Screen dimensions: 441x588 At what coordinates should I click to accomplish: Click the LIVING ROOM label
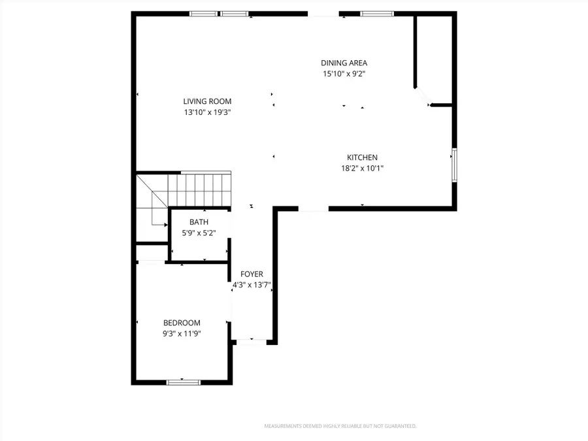207,101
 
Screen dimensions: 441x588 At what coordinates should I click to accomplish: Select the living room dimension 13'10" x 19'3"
207,112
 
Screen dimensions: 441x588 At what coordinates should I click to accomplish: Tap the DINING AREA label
344,63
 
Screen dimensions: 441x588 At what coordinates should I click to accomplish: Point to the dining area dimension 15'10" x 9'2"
344,74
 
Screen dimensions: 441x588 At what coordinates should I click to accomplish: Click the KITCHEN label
362,157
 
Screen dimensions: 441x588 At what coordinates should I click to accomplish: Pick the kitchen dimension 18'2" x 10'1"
362,169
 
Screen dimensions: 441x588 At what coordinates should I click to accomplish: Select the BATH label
199,222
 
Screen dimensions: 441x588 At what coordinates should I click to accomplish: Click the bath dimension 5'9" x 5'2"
199,233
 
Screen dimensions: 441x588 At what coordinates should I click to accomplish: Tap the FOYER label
252,274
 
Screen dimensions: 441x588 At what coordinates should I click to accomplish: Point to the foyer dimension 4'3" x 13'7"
252,286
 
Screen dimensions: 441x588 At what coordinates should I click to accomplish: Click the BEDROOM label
182,323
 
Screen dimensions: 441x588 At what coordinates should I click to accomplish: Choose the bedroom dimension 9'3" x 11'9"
182,333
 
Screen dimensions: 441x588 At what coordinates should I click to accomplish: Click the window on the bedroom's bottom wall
183,382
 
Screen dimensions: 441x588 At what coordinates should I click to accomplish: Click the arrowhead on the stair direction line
164,224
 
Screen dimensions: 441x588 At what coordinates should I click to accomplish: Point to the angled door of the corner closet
423,97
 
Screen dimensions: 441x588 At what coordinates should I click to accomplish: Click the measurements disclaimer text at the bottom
340,426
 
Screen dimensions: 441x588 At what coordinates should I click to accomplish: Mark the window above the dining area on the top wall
377,13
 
